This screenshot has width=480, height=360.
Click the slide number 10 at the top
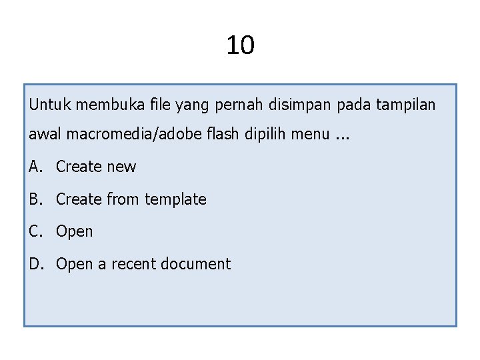[x=240, y=45]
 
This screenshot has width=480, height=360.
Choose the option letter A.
[x=34, y=167]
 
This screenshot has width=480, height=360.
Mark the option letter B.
[x=34, y=199]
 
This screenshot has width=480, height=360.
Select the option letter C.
[x=34, y=231]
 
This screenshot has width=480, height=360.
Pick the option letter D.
[x=35, y=264]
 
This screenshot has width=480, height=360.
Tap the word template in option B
[x=175, y=199]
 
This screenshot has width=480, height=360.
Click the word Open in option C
[x=75, y=232]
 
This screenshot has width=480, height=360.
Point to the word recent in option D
[x=133, y=264]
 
